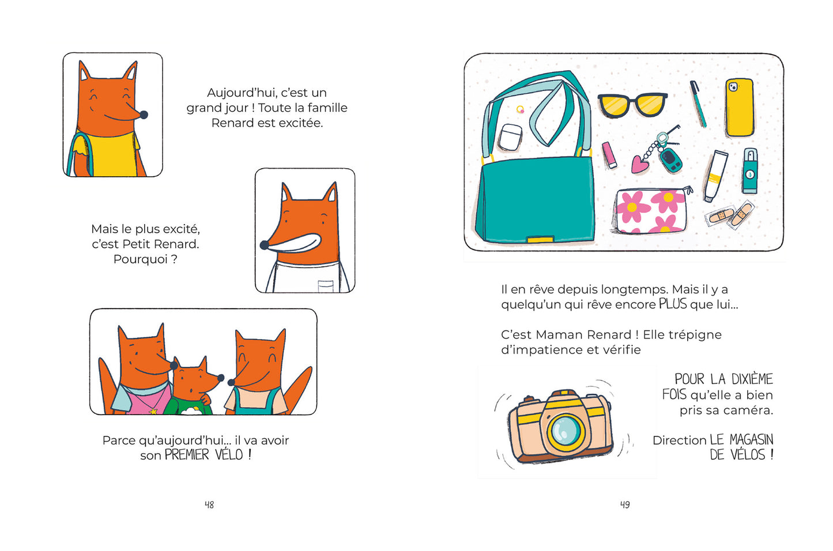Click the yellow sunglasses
click(x=632, y=105)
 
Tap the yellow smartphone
click(x=739, y=107)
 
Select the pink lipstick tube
click(x=609, y=155)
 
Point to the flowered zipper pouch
click(x=651, y=210)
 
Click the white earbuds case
click(x=511, y=137)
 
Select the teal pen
click(x=698, y=104)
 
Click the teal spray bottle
click(x=750, y=170)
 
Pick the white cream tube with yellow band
click(x=715, y=176)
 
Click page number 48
click(x=209, y=504)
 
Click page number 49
click(x=625, y=504)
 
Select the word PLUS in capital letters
click(x=673, y=304)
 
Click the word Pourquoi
click(x=140, y=259)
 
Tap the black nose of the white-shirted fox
click(x=264, y=245)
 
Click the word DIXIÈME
click(x=752, y=379)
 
